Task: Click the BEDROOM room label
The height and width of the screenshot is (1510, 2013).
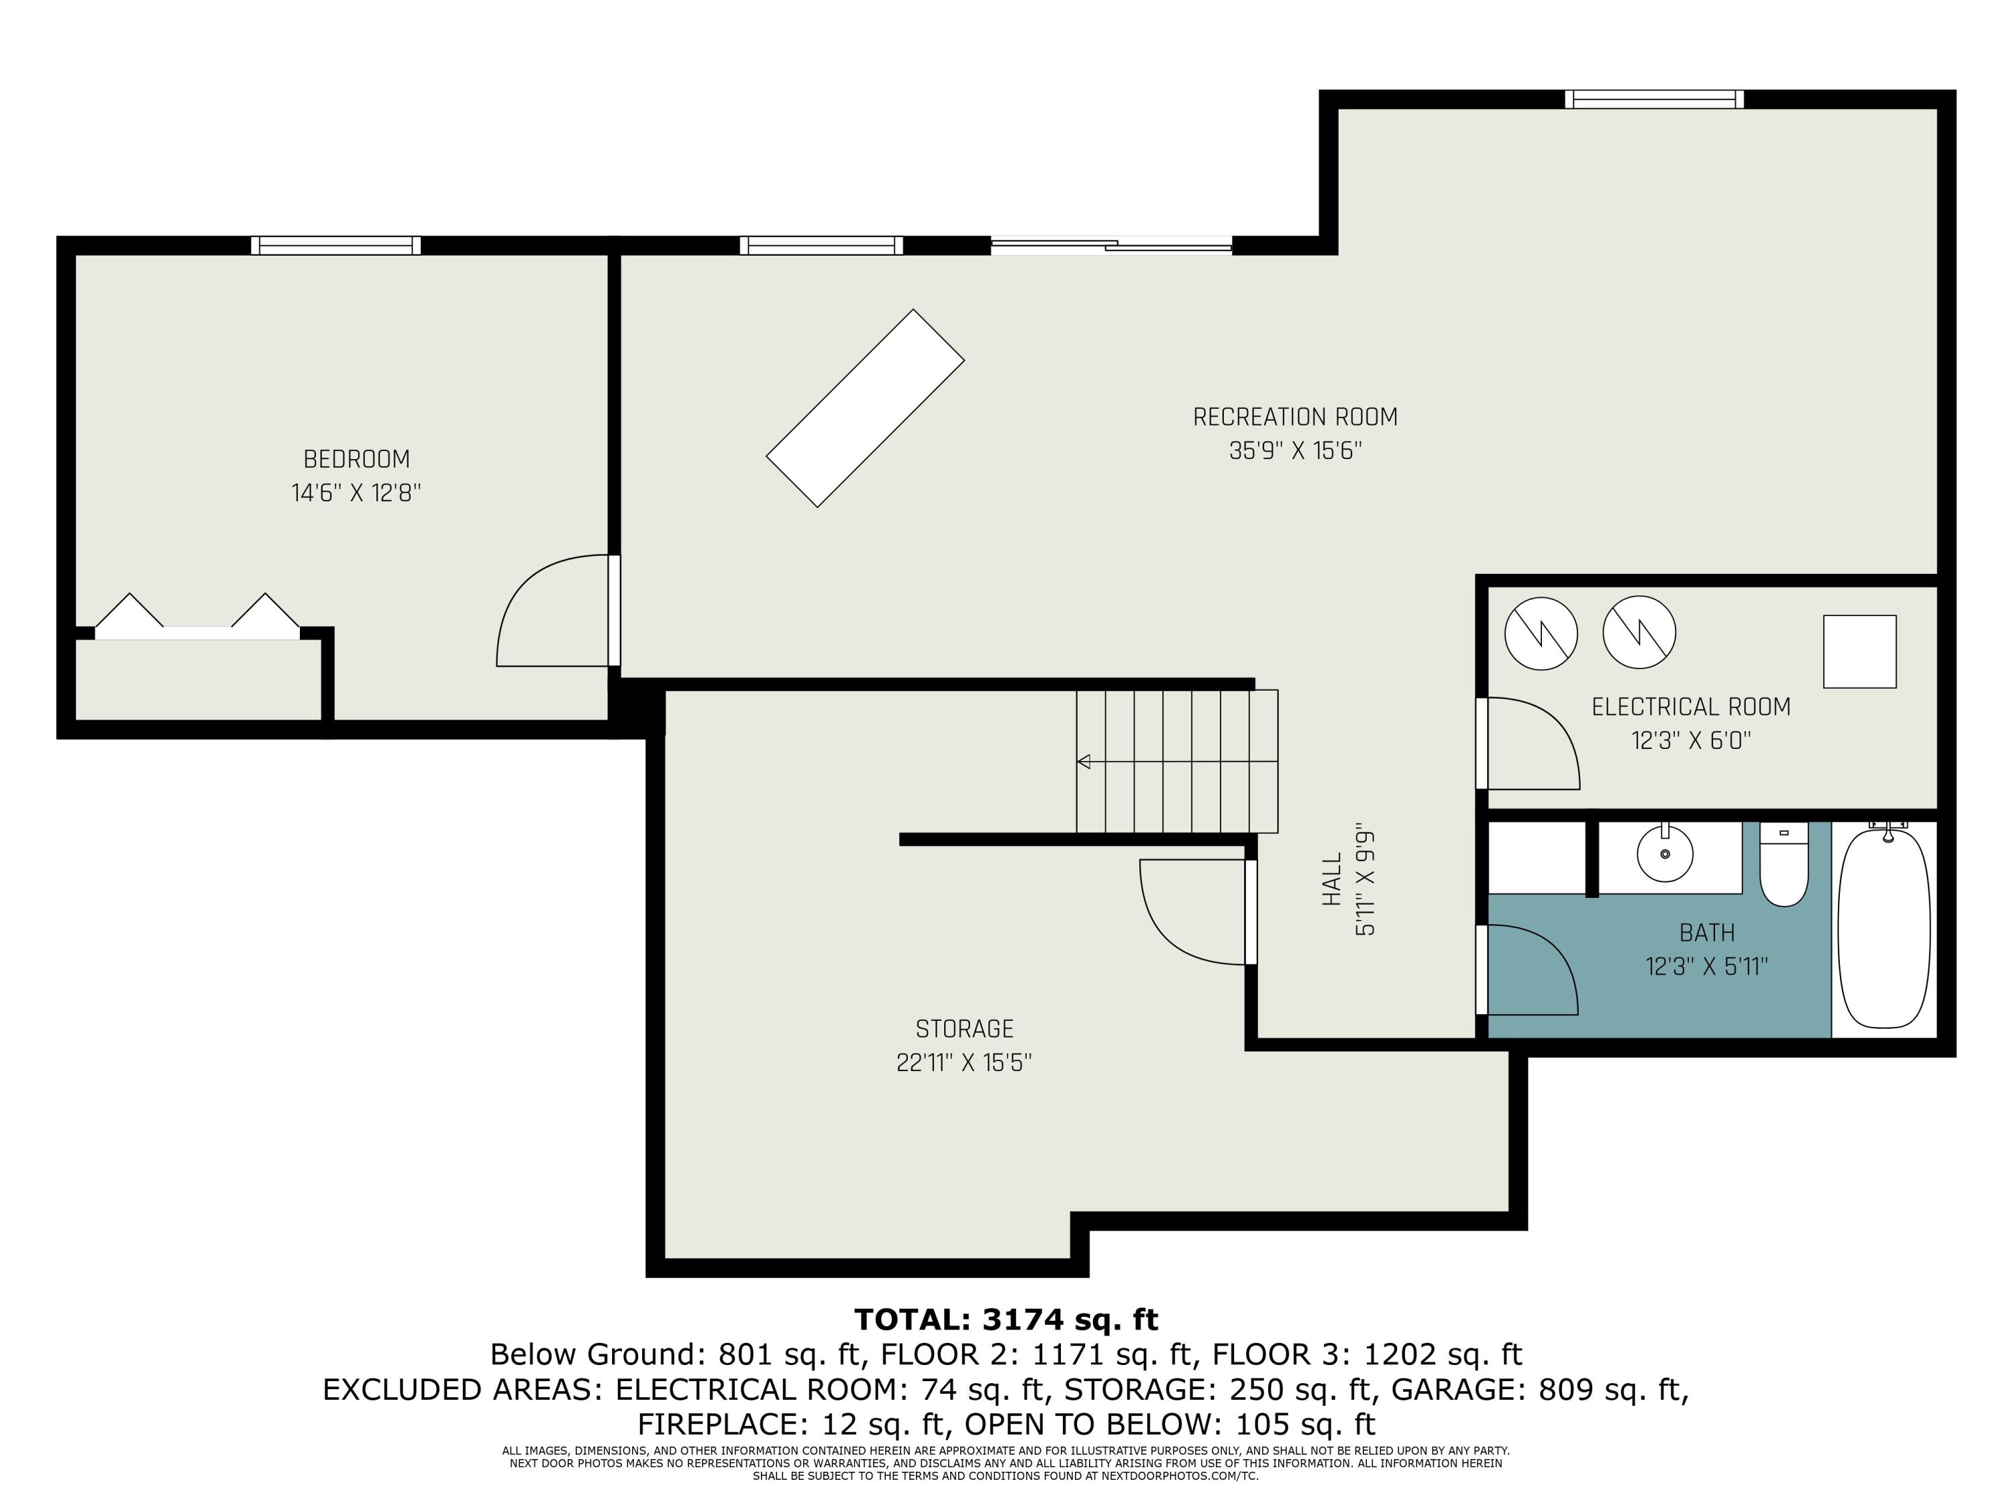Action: tap(357, 459)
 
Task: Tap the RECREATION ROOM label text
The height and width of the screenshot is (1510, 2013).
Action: tap(1295, 417)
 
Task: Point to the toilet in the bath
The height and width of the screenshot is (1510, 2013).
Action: tap(1784, 864)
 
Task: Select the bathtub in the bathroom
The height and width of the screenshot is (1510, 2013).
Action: tap(1883, 928)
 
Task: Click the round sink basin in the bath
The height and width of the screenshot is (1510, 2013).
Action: tap(1665, 854)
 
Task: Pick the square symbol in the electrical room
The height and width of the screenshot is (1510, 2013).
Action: tap(1860, 652)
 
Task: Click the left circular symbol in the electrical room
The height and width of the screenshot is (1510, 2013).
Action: tap(1541, 634)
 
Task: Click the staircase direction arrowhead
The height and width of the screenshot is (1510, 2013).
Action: tap(1083, 761)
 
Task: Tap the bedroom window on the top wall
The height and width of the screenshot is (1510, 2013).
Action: tap(335, 245)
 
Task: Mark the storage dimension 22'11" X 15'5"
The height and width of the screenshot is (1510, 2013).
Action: tap(964, 1062)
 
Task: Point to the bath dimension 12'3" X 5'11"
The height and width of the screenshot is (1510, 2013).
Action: tap(1706, 966)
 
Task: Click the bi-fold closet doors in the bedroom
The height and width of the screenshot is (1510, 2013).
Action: tap(197, 616)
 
